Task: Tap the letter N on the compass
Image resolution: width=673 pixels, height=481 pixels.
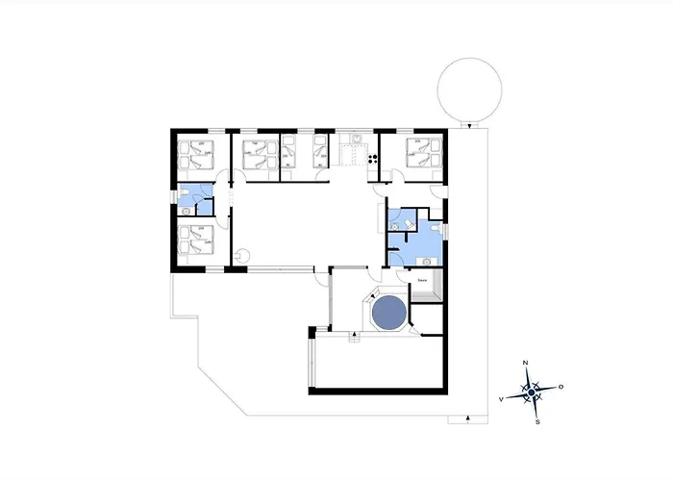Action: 525,363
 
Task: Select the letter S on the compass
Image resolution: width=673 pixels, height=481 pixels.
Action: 537,421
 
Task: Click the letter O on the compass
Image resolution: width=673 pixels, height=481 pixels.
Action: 561,387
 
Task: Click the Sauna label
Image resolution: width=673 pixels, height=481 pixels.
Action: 422,279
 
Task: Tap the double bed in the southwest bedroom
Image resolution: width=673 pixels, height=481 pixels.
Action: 195,239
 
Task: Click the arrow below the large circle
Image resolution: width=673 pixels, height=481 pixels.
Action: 469,126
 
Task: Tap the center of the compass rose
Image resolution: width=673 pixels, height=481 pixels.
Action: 532,392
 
